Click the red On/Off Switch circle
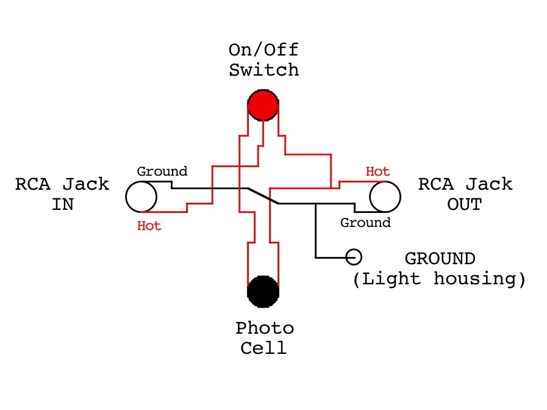pyautogui.click(x=263, y=105)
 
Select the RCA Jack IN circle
pyautogui.click(x=141, y=196)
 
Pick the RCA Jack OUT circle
pyautogui.click(x=385, y=196)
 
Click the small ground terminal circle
pyautogui.click(x=354, y=257)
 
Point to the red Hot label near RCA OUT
pyautogui.click(x=377, y=171)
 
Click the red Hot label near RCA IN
pyautogui.click(x=149, y=226)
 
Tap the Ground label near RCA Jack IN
pyautogui.click(x=162, y=171)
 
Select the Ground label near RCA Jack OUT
pyautogui.click(x=365, y=223)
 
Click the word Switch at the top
pyautogui.click(x=263, y=70)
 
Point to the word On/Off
pyautogui.click(x=263, y=49)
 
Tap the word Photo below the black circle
pyautogui.click(x=264, y=328)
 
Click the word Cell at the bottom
pyautogui.click(x=263, y=348)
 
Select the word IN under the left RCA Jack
pyautogui.click(x=63, y=204)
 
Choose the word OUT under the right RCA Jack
pyautogui.click(x=464, y=204)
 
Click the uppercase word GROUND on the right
pyautogui.click(x=440, y=259)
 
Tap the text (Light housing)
pyautogui.click(x=439, y=279)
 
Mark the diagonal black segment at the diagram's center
pyautogui.click(x=263, y=196)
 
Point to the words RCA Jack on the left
pyautogui.click(x=62, y=184)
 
